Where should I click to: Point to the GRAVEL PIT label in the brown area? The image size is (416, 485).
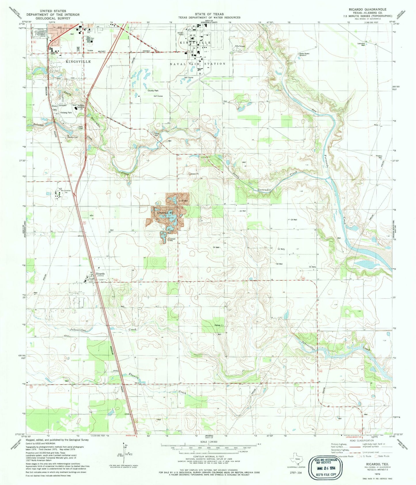[166, 213]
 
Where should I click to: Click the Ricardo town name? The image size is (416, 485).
[98, 273]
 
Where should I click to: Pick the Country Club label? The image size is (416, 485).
[73, 137]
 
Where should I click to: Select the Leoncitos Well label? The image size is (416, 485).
[363, 44]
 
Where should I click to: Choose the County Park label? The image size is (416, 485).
[153, 90]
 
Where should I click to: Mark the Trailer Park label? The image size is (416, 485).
[157, 134]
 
